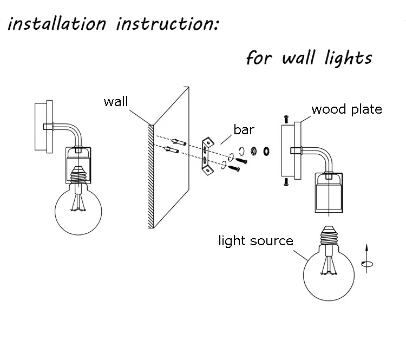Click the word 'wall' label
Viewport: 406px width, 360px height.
click(x=116, y=101)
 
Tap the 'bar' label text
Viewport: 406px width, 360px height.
click(x=244, y=129)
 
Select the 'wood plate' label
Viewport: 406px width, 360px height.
click(x=346, y=109)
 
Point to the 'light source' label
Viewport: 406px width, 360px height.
click(x=256, y=241)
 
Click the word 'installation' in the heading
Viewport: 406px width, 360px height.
click(x=57, y=23)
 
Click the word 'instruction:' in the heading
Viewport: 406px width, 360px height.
click(x=168, y=24)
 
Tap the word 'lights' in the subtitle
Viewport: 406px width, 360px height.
click(x=349, y=58)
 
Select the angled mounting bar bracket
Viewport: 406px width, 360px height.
click(x=208, y=156)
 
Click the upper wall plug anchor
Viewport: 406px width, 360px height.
click(x=179, y=142)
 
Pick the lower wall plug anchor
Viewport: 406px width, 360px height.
click(x=172, y=150)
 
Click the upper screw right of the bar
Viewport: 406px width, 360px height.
click(x=241, y=161)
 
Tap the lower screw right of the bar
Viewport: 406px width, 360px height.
click(x=234, y=168)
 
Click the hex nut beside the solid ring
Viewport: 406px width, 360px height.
click(x=254, y=150)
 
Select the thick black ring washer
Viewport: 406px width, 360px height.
click(x=266, y=151)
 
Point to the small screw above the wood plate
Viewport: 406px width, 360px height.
click(x=286, y=120)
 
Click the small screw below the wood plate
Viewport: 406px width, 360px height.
click(x=286, y=182)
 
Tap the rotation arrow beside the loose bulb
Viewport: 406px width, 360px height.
click(x=367, y=258)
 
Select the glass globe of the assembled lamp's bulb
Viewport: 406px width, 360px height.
click(x=78, y=212)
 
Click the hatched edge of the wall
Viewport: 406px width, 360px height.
click(x=151, y=176)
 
